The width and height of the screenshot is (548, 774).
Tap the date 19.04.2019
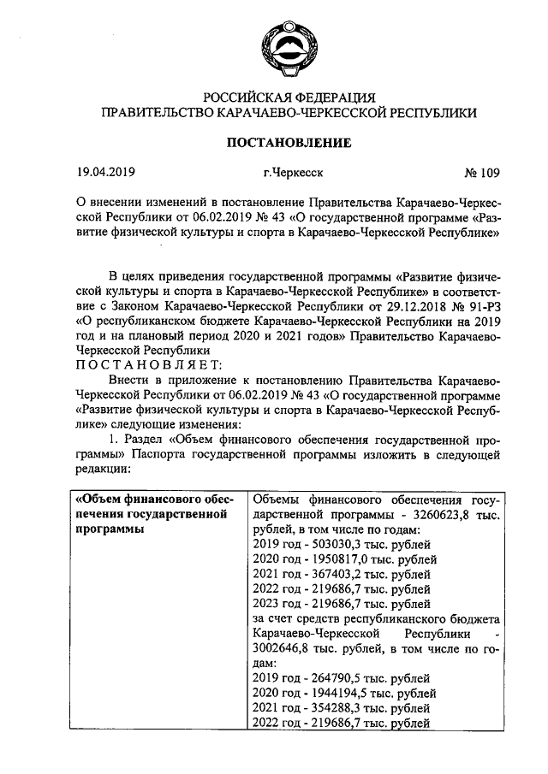click(x=106, y=174)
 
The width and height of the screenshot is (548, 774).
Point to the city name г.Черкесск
click(x=294, y=174)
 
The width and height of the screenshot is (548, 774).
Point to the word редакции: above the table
click(x=103, y=469)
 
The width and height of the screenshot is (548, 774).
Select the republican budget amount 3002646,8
click(x=286, y=648)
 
